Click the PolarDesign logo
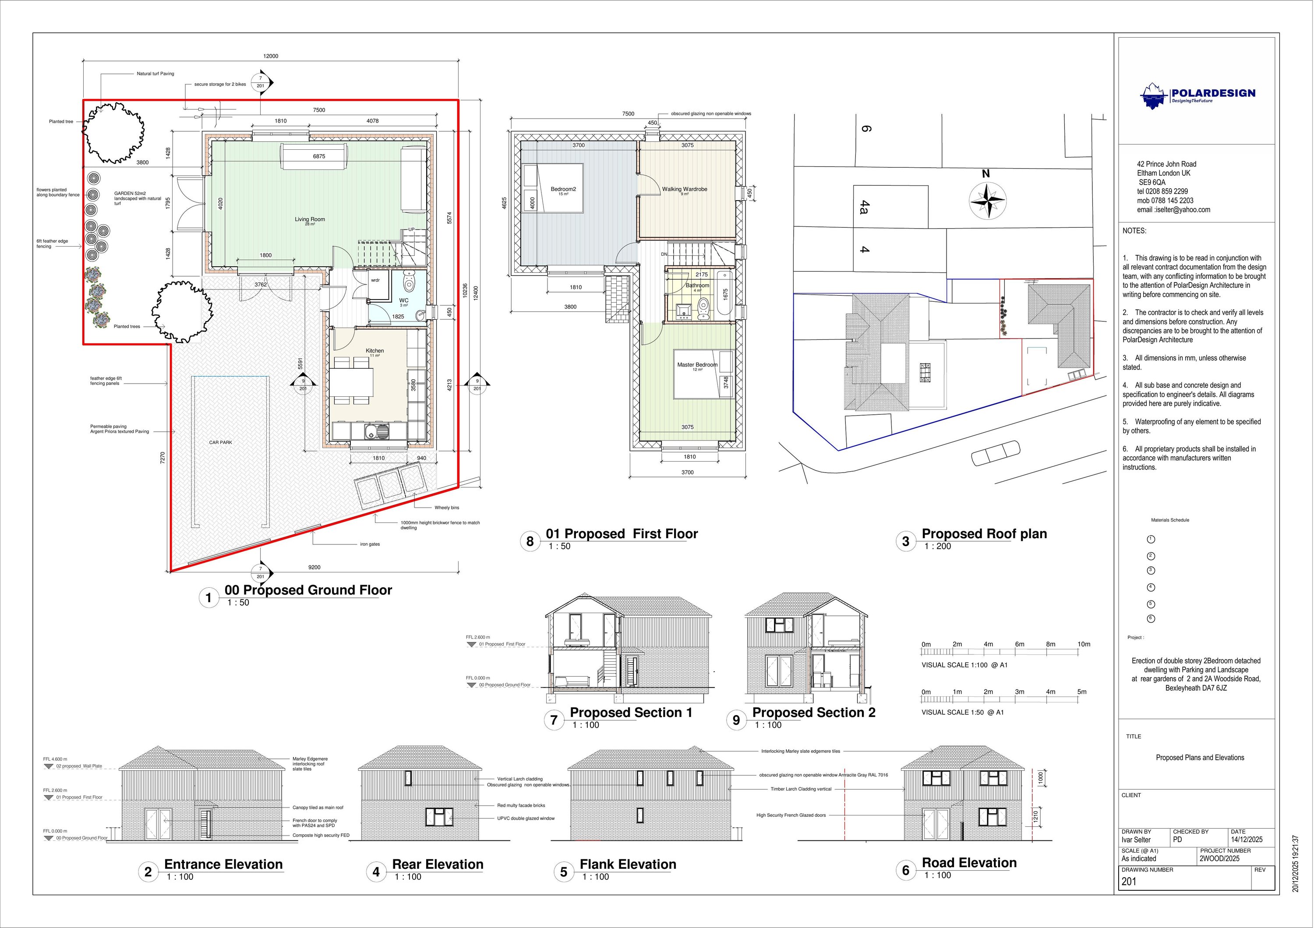(1197, 95)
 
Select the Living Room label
(310, 219)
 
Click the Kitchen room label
(375, 351)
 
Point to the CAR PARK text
(220, 442)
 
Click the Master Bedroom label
(696, 364)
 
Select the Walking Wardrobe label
(685, 189)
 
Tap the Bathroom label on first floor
(697, 285)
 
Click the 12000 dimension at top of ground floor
(271, 56)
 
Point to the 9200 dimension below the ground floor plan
(314, 568)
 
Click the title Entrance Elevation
(223, 864)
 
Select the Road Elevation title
(969, 863)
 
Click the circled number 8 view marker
(530, 541)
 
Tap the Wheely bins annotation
(446, 508)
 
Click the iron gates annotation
(370, 544)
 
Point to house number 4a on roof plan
(865, 207)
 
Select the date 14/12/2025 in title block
(1246, 840)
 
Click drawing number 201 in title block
(1129, 882)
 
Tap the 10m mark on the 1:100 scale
(1083, 644)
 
